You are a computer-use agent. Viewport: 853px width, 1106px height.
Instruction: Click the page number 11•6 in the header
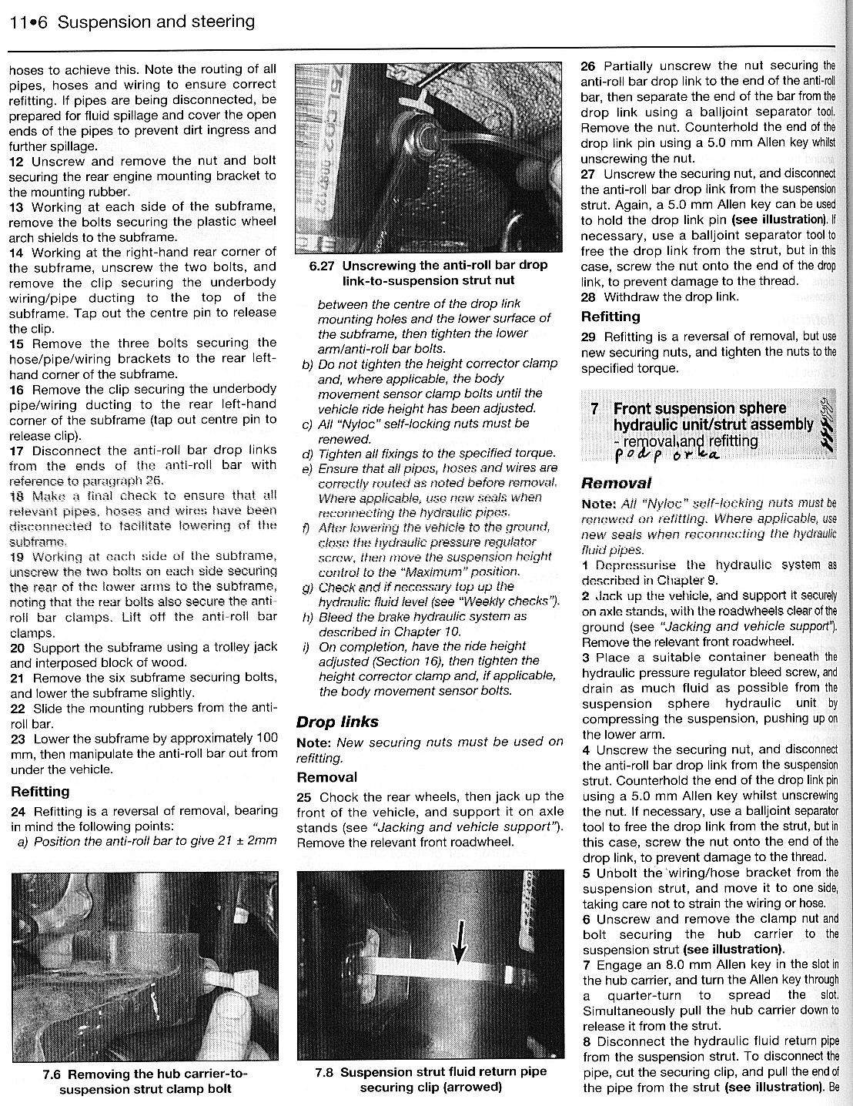point(29,22)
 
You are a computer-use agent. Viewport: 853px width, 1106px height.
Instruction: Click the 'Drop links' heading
point(337,722)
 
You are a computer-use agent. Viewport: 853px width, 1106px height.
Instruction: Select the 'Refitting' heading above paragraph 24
point(40,791)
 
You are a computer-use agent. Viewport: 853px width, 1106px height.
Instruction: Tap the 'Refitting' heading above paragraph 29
point(610,317)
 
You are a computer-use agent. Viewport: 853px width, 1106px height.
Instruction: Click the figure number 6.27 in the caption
point(323,265)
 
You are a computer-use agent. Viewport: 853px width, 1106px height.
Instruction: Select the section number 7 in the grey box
point(594,409)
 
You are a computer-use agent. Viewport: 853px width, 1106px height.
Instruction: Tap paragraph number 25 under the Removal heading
point(305,797)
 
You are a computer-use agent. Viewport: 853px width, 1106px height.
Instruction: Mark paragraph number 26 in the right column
point(589,66)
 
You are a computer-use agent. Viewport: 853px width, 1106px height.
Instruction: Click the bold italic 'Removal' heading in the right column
point(616,484)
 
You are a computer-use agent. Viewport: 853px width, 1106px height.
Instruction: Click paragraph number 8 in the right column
point(587,1041)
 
